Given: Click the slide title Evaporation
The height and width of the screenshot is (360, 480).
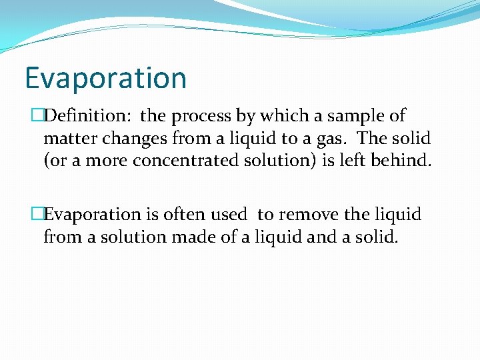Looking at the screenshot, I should pyautogui.click(x=105, y=78).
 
